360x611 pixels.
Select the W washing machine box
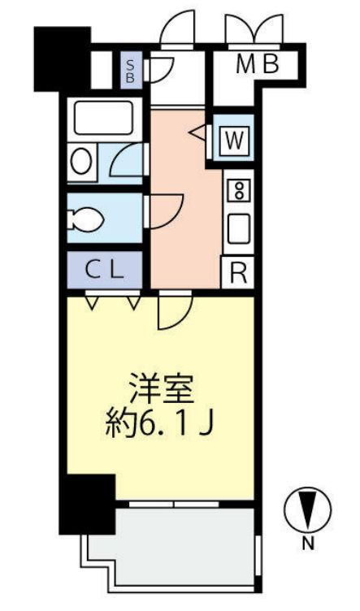(234, 141)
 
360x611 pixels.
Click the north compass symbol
(307, 510)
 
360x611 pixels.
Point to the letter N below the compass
(308, 545)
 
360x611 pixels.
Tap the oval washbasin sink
(80, 161)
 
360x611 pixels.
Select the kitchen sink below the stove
(239, 228)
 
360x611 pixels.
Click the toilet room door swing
(165, 211)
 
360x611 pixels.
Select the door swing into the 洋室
(174, 310)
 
